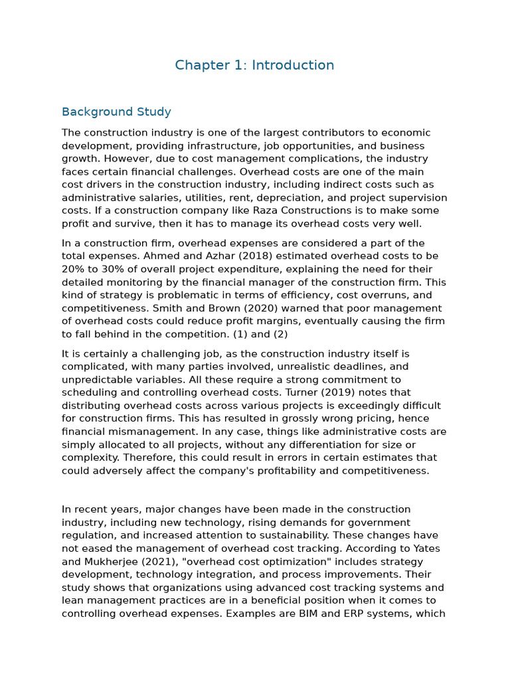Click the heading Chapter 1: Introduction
tap(254, 65)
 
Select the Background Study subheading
tap(116, 112)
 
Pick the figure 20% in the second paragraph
tap(73, 269)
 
